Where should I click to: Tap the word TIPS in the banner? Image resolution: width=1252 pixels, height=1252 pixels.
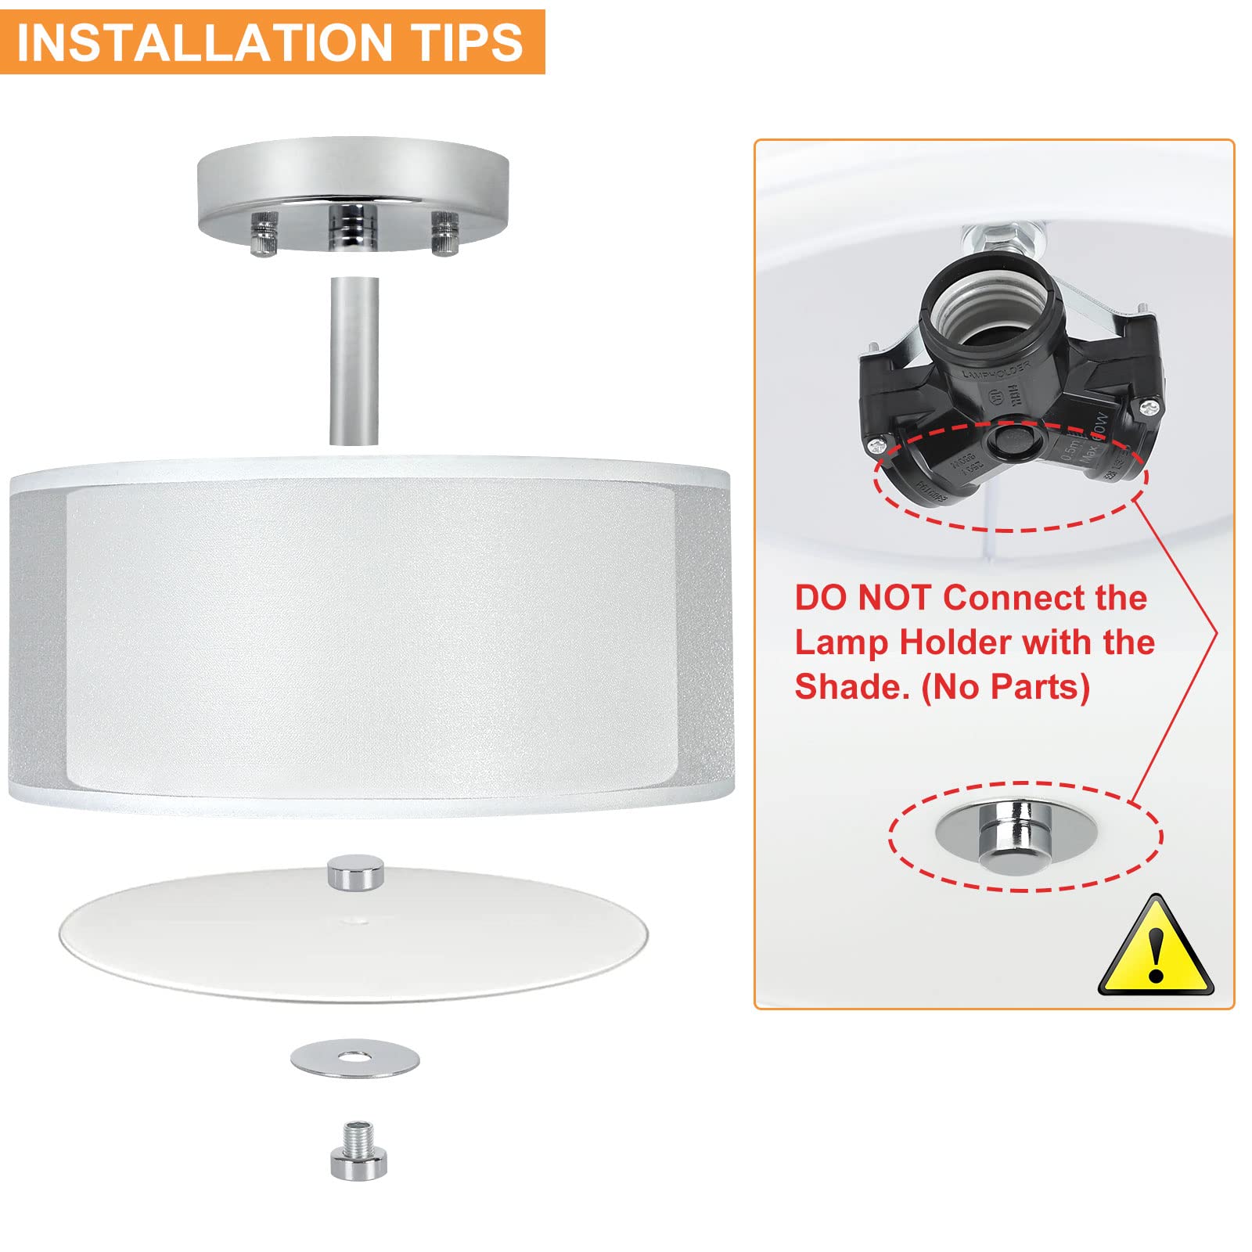[468, 42]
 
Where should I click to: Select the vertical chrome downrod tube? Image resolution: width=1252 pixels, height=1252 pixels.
[354, 360]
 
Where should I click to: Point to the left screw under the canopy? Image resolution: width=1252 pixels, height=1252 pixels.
[264, 232]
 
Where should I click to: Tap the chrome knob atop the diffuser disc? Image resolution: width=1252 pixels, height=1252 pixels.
[356, 872]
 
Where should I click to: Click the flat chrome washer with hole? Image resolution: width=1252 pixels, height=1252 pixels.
[354, 1060]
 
